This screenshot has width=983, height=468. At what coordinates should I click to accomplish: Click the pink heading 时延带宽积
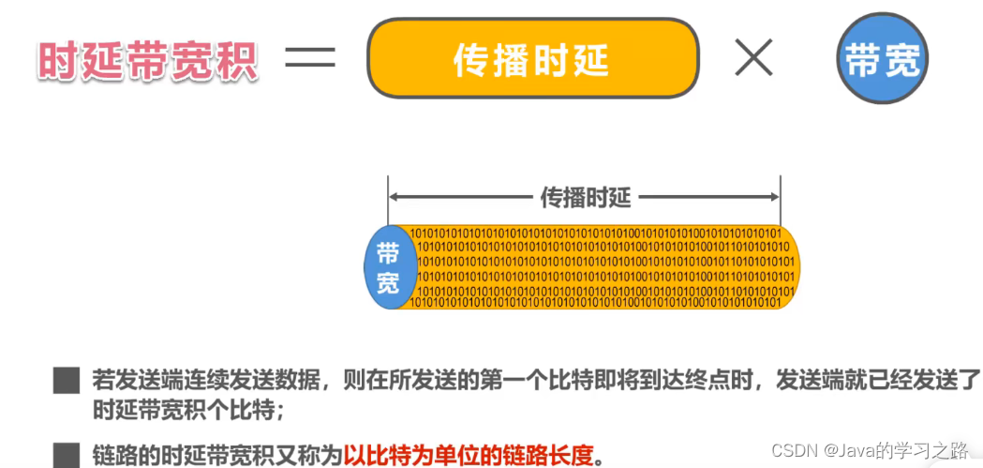click(148, 60)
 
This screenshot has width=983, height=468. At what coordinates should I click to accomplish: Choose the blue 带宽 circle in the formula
click(881, 62)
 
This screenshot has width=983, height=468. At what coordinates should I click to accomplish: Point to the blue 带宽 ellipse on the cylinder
click(388, 267)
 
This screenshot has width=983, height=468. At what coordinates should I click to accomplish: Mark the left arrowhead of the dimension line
click(394, 197)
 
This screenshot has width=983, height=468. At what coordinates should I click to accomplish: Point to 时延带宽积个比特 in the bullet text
click(172, 411)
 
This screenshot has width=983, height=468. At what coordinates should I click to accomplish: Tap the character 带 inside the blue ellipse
click(388, 252)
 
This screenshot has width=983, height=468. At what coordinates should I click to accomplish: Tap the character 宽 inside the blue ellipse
click(388, 282)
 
